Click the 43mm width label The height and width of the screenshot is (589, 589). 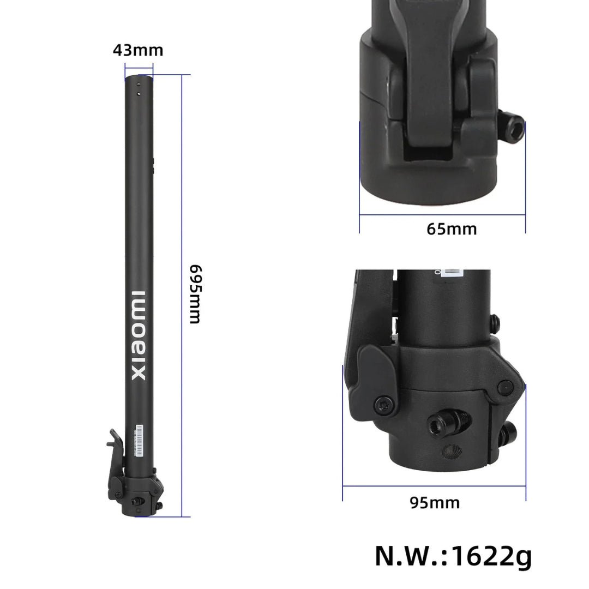[x=138, y=51]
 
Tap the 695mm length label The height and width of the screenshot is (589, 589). [x=195, y=294]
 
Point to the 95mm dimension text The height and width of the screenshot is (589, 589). [x=435, y=502]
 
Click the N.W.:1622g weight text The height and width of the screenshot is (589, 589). [x=453, y=556]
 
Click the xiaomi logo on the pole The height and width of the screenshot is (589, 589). [x=139, y=335]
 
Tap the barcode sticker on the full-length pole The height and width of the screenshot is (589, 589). [x=139, y=440]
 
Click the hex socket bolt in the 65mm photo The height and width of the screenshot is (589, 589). [x=514, y=129]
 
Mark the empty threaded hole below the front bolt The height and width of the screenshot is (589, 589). [x=451, y=450]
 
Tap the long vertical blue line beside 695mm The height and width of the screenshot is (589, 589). [x=183, y=294]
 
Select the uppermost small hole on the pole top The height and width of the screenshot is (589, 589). [x=139, y=85]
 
